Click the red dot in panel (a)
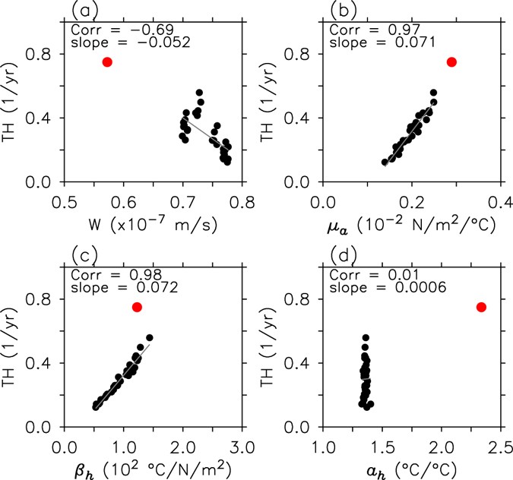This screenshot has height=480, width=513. pos(107,62)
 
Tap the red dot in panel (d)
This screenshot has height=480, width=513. pos(481,307)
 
